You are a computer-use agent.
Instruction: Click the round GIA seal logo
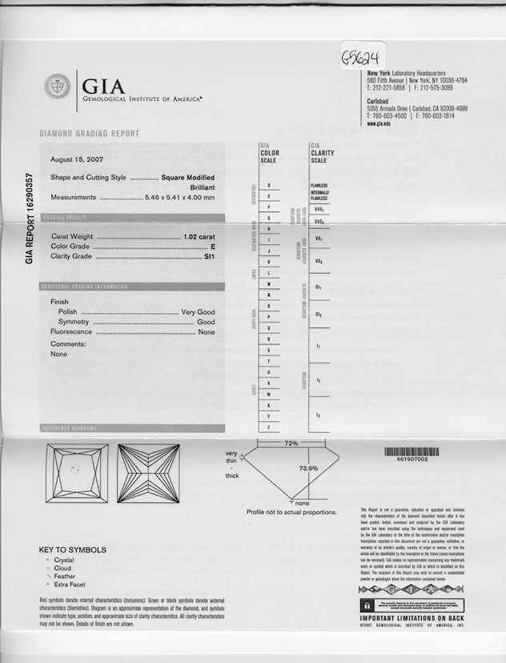tap(57, 86)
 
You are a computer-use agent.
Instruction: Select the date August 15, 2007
tap(77, 159)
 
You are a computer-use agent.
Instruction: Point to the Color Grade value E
tap(213, 247)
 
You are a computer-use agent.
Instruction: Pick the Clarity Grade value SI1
tap(209, 256)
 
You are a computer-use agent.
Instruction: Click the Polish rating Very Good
tap(198, 311)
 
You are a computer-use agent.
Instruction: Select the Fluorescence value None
tap(207, 331)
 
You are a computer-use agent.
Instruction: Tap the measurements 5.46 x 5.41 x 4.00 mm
tap(179, 197)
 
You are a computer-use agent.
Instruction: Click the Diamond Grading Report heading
tap(89, 134)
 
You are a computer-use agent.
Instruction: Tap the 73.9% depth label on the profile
tap(308, 468)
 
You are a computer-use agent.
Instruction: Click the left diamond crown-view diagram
tap(77, 473)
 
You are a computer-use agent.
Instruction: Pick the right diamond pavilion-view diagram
tap(148, 473)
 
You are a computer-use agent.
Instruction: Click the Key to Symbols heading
tap(72, 550)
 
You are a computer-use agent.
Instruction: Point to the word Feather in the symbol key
tap(65, 577)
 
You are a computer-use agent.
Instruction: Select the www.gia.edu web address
tap(379, 123)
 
